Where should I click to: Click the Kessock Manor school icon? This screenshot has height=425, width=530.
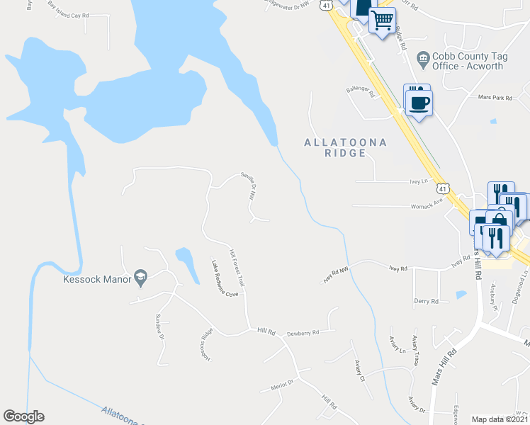(140, 278)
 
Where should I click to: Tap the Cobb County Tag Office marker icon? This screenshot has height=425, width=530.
(423, 57)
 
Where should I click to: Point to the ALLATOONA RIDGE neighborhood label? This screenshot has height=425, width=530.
(346, 147)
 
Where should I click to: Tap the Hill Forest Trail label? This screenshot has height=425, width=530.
(237, 267)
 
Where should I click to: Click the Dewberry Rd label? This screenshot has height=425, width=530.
(303, 332)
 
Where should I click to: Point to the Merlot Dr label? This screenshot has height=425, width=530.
(282, 385)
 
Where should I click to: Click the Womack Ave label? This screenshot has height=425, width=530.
(427, 207)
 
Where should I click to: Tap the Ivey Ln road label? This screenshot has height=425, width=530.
(419, 181)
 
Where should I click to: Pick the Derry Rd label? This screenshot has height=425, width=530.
(427, 301)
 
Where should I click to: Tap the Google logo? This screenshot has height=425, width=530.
(23, 416)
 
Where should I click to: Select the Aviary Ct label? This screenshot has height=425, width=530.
(359, 370)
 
